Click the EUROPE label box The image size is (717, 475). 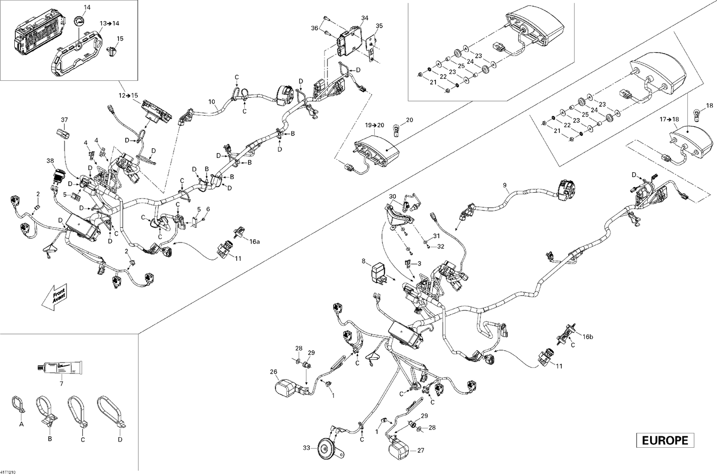665,440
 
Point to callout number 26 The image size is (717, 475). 273,371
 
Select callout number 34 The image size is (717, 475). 365,18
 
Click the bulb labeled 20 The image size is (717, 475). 395,130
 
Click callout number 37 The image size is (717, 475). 65,120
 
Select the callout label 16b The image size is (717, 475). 588,337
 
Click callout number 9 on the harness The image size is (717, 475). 504,185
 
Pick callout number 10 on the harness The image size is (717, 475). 212,102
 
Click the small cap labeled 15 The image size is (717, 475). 113,49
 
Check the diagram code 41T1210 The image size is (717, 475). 8,472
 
